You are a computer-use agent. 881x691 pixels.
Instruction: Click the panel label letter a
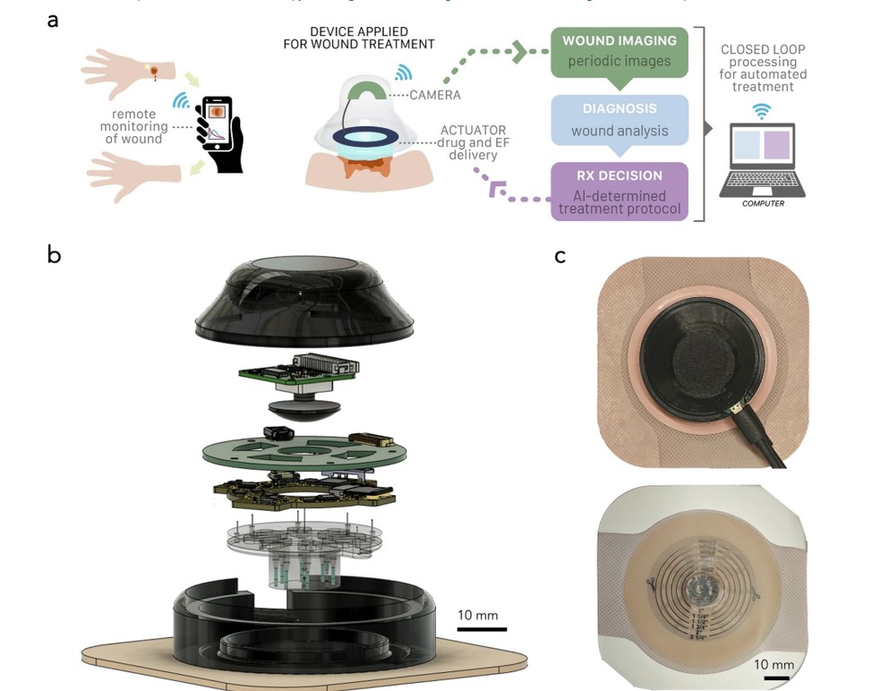(x=53, y=20)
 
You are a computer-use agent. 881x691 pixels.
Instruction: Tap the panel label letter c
(x=560, y=256)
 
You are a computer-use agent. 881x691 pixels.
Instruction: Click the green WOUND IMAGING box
(x=619, y=51)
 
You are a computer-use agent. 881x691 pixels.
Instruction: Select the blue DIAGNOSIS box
(x=619, y=120)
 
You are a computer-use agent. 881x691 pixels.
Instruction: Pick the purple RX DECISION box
(x=619, y=191)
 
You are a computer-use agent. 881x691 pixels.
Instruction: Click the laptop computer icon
(x=763, y=161)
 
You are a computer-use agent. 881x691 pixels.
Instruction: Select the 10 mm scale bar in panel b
(x=482, y=629)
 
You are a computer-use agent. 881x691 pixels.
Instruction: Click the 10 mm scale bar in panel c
(x=775, y=678)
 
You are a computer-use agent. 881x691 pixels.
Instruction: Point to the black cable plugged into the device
(x=761, y=439)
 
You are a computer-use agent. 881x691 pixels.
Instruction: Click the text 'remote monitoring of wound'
(x=135, y=126)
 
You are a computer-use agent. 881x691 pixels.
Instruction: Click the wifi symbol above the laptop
(x=762, y=111)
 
